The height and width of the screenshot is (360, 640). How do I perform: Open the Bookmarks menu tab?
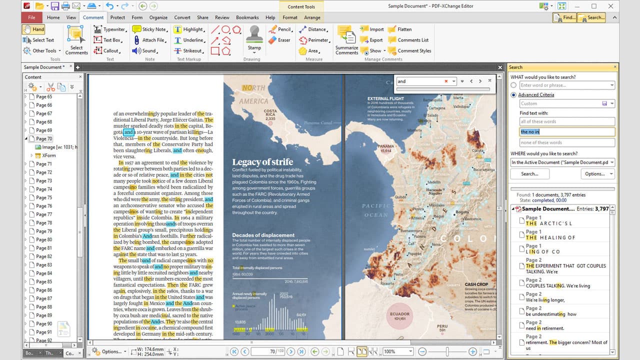(x=247, y=17)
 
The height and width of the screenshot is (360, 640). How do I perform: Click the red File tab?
(x=31, y=17)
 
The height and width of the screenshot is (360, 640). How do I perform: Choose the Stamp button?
(x=254, y=39)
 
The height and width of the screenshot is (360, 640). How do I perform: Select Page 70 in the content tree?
(x=43, y=138)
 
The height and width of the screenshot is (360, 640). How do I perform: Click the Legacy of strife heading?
(x=262, y=162)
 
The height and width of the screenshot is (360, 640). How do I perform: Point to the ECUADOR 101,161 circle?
(x=399, y=316)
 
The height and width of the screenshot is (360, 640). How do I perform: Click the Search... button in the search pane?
(x=529, y=174)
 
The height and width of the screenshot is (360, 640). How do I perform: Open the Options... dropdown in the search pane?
(x=597, y=174)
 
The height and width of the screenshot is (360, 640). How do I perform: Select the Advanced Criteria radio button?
(x=513, y=95)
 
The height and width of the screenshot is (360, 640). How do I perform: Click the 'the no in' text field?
(x=566, y=132)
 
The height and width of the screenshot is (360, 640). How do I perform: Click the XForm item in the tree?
(x=48, y=155)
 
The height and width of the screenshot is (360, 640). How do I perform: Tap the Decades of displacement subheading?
(x=263, y=235)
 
